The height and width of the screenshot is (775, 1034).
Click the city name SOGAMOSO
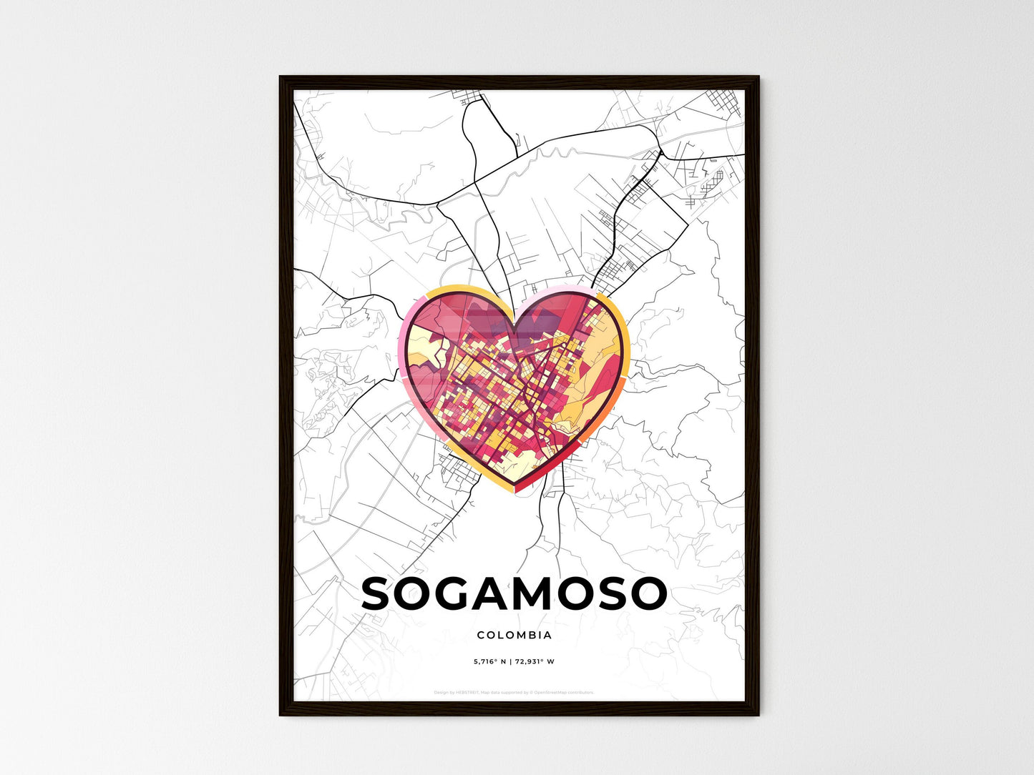(x=514, y=594)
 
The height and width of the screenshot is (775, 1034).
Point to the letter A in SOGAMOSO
(x=496, y=594)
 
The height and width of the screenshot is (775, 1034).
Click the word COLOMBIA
(x=514, y=635)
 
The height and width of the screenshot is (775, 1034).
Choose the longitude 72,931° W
(x=535, y=662)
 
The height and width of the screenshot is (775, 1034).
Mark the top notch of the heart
(x=515, y=320)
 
